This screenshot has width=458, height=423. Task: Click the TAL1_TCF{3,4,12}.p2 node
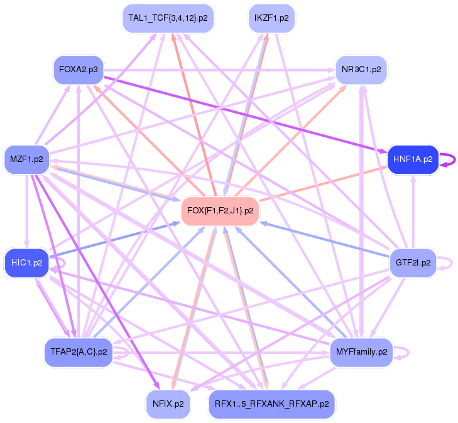(x=168, y=18)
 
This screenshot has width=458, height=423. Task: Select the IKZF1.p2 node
(x=271, y=18)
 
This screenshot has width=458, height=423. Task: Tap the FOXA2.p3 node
(x=79, y=69)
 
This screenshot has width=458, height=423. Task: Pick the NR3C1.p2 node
(x=361, y=69)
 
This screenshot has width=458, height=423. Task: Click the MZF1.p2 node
(x=26, y=159)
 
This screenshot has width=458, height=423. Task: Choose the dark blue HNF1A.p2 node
(x=413, y=159)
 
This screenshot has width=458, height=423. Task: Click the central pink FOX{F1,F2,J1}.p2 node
(x=220, y=211)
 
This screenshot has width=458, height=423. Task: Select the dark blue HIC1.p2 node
(x=26, y=262)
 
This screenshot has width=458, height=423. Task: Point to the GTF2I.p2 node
(x=413, y=262)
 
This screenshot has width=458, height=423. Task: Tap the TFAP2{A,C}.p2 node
(x=79, y=352)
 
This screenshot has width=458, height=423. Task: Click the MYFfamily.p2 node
(x=361, y=352)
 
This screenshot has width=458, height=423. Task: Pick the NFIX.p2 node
(x=168, y=404)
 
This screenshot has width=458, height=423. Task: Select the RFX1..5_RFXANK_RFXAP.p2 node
(x=271, y=404)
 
